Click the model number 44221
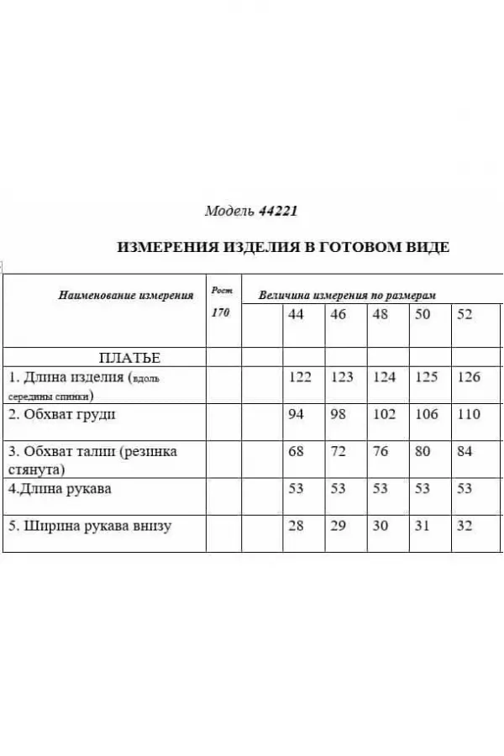click(278, 212)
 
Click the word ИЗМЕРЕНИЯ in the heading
click(166, 247)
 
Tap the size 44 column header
click(296, 314)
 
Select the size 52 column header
click(465, 314)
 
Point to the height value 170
click(221, 312)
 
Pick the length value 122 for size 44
click(300, 377)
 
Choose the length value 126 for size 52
click(469, 377)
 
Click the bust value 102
click(384, 414)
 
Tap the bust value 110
click(469, 414)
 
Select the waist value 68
click(296, 451)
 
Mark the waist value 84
click(465, 451)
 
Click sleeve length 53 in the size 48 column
click(380, 488)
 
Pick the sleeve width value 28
click(296, 526)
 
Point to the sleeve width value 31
click(423, 526)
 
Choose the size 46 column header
click(338, 314)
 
